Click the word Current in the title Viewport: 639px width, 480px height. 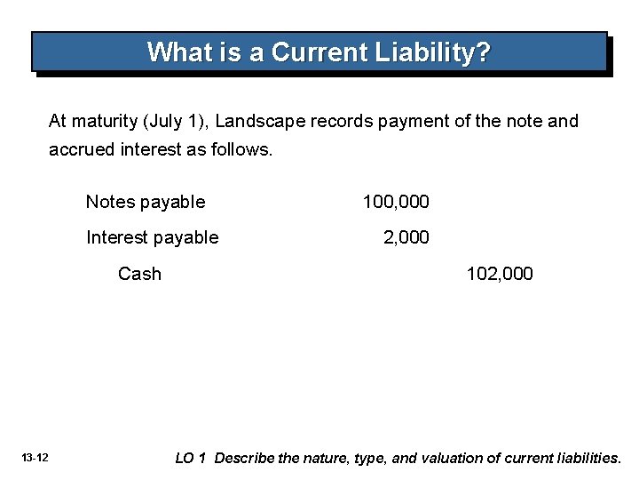tap(312, 52)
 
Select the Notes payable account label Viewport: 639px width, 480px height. tap(146, 202)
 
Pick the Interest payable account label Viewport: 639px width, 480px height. tap(152, 237)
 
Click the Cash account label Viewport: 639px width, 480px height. tap(140, 273)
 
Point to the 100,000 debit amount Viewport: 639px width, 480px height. tap(396, 202)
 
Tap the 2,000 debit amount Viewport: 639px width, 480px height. tap(406, 237)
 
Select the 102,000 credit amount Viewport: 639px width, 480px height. tap(501, 273)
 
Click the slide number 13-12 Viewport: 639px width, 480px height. tap(36, 458)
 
